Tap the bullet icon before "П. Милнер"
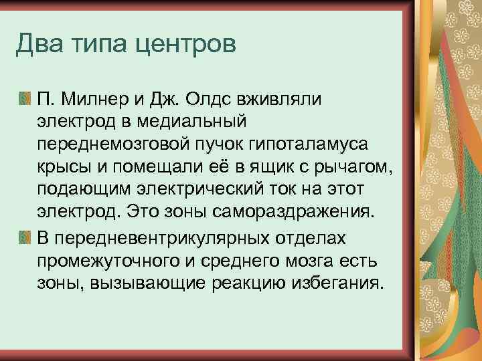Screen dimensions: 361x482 point(24,100)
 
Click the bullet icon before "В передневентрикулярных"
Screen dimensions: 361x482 point(24,237)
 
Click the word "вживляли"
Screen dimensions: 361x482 point(285,100)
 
